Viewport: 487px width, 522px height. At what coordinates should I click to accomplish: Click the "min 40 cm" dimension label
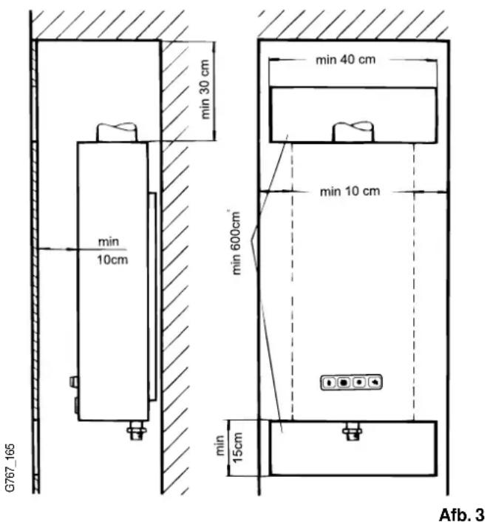point(345,60)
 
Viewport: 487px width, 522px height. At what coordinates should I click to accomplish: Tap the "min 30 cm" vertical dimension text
point(205,89)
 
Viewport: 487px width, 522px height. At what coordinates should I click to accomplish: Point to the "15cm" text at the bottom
point(238,447)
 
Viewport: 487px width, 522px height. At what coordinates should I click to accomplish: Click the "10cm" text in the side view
point(112,260)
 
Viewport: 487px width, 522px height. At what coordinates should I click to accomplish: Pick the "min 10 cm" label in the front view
point(350,191)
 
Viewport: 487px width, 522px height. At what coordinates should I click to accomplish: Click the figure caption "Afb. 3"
point(462,514)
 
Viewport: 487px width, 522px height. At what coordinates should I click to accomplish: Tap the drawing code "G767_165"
point(10,467)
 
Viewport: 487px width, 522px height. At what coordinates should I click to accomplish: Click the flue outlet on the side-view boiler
point(117,132)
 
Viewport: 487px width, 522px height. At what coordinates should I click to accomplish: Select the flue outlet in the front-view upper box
point(353,132)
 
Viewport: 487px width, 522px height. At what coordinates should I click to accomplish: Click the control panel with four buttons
point(351,382)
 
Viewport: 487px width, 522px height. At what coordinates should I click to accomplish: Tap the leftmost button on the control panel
point(329,382)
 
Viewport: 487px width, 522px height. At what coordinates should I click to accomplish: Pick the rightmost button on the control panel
point(374,382)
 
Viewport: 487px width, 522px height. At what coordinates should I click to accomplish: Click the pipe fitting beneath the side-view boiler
point(137,430)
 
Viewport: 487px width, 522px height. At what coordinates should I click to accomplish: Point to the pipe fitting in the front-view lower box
point(353,431)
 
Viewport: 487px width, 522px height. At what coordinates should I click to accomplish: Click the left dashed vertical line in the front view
point(293,281)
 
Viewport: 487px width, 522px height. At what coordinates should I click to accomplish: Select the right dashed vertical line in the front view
point(414,281)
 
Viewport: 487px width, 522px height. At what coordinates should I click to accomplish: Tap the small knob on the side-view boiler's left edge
point(74,382)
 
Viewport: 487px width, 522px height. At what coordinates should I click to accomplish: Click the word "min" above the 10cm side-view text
point(109,241)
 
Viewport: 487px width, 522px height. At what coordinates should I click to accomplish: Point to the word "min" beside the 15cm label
point(220,445)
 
